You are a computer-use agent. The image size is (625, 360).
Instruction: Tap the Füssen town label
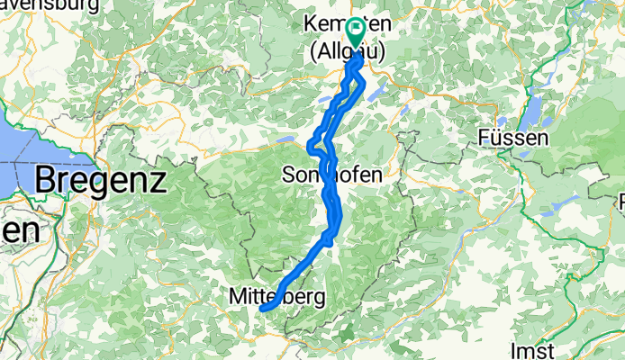click(513, 139)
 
